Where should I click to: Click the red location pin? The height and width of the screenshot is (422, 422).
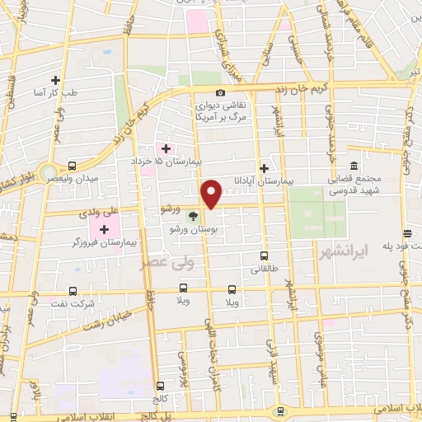(x=212, y=194)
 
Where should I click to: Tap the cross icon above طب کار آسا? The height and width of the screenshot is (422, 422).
(x=56, y=80)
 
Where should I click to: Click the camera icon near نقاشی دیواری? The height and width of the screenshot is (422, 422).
(x=220, y=92)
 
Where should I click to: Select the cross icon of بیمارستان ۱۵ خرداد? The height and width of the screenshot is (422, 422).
(x=166, y=148)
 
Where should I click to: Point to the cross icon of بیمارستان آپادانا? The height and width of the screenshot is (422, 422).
(x=263, y=167)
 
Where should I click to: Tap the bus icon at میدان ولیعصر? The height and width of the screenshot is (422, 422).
(x=73, y=166)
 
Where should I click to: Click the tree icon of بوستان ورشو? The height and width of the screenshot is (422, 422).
(x=193, y=217)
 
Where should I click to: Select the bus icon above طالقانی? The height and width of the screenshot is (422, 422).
(x=264, y=256)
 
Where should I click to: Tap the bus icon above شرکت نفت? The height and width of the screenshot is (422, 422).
(x=73, y=291)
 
